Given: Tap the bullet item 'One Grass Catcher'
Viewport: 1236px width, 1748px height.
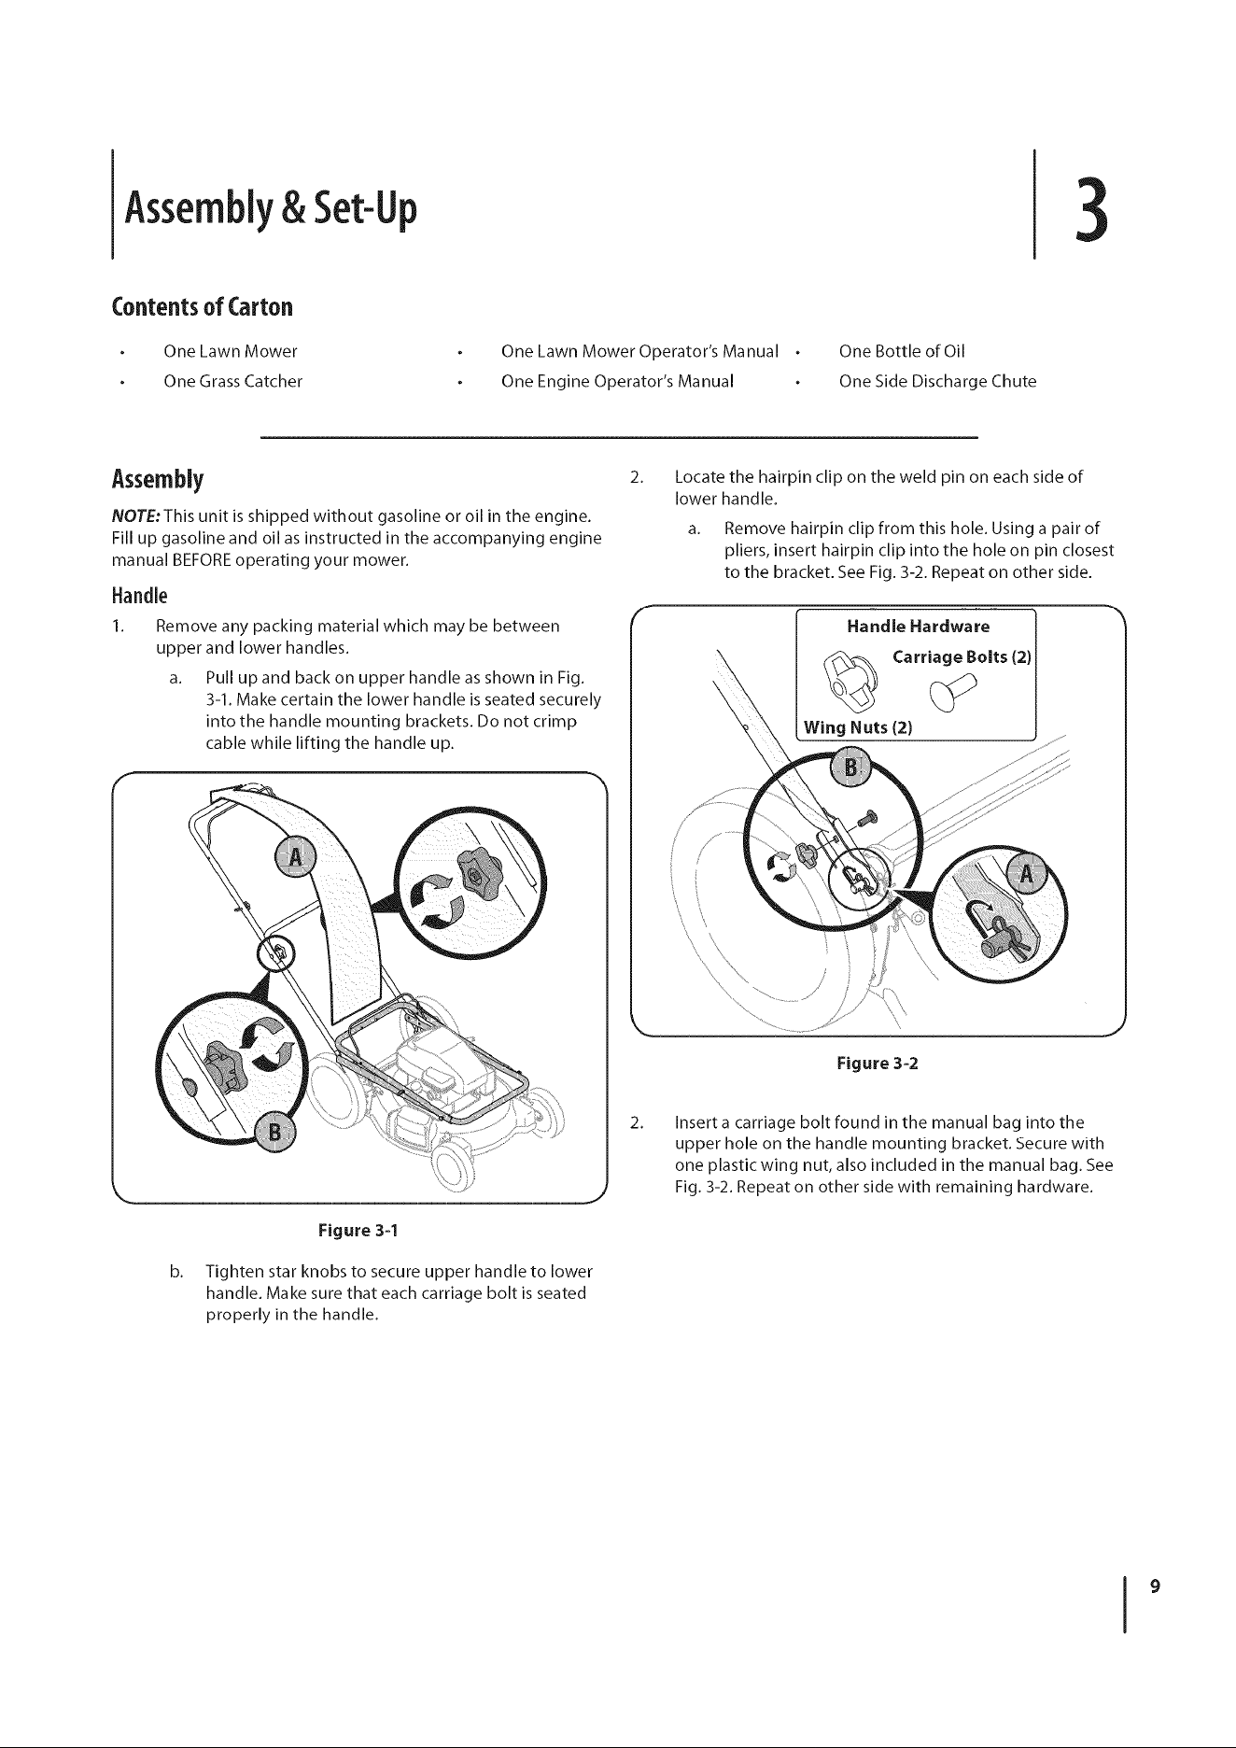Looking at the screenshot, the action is coord(232,381).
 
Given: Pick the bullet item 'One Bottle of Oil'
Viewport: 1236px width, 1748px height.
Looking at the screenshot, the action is coord(902,351).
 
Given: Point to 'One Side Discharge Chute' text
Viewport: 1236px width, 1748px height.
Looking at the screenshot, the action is coord(937,381).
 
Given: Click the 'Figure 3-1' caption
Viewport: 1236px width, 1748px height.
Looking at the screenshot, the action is coord(358,1230).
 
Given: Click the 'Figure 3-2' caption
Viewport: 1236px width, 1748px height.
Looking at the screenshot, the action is coord(878,1064).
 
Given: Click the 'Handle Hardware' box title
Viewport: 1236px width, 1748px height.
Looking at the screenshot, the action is coord(918,626).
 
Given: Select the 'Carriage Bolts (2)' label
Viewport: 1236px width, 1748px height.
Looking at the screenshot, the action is coord(962,656).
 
